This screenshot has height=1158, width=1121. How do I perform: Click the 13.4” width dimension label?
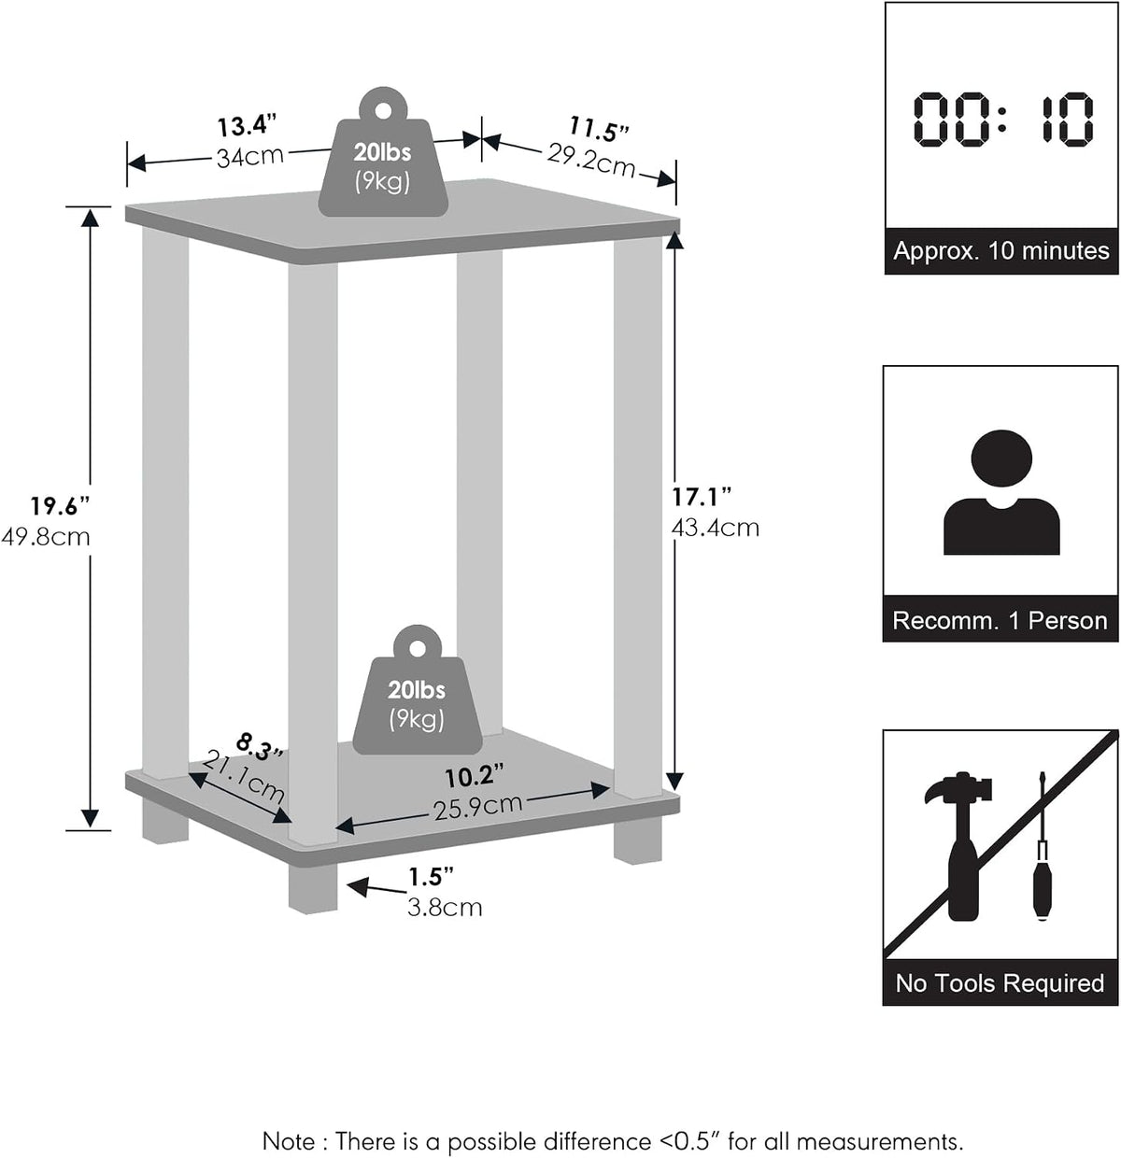(x=247, y=127)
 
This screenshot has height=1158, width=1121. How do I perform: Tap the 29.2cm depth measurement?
(x=591, y=162)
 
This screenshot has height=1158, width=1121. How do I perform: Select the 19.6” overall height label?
(x=60, y=506)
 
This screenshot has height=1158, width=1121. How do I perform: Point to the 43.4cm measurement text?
(x=716, y=528)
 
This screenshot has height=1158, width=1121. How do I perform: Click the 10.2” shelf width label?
(x=475, y=777)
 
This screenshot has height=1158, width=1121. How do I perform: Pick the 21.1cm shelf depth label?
(x=244, y=776)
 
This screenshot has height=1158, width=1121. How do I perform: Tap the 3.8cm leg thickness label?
(x=445, y=908)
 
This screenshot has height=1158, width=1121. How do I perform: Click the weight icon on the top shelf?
(x=383, y=152)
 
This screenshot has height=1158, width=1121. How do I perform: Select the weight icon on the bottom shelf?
(x=418, y=690)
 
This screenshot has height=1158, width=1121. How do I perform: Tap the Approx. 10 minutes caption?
(x=1001, y=251)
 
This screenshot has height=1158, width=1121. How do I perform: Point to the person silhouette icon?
(x=1001, y=492)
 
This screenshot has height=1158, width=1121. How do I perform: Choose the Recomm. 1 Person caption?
(x=1000, y=621)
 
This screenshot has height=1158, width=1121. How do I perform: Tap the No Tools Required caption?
(x=1000, y=983)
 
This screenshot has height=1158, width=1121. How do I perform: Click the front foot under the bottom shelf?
(x=313, y=887)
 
